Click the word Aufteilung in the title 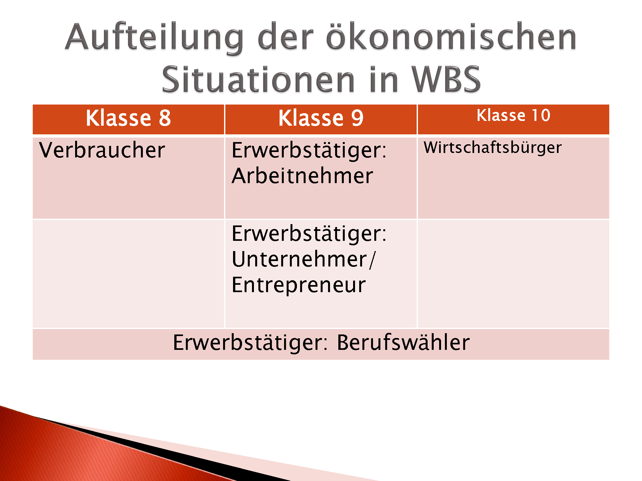coord(154,38)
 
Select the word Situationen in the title coord(258,80)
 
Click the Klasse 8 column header coord(128,118)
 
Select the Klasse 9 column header coord(321,118)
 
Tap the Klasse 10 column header coord(513,115)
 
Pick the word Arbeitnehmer coord(302,176)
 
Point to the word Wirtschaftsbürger coord(492,148)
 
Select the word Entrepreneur coord(299,285)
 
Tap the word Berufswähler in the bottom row coord(403,342)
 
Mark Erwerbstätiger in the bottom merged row coord(250,342)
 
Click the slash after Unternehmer coord(372,260)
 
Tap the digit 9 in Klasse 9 coord(357,118)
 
